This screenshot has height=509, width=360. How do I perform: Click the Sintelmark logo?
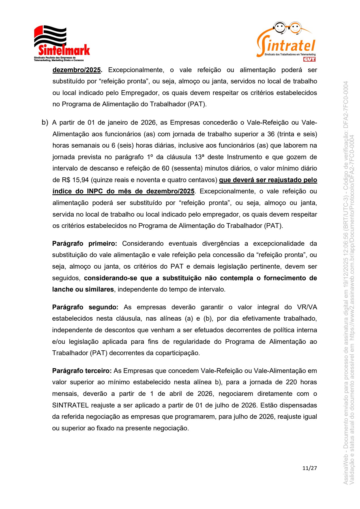coord(62,44)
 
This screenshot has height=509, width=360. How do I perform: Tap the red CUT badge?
coord(309,59)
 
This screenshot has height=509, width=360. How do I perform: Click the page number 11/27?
coord(310,468)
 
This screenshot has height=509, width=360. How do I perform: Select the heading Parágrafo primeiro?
coord(84,243)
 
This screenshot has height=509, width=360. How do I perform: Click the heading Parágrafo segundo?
coord(85,307)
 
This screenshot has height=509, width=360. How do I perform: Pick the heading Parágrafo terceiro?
coord(82,371)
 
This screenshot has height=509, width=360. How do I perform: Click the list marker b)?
coord(45,122)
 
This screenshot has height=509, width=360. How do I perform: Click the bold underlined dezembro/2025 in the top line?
coord(77,70)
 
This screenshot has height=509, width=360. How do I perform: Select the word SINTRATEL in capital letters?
coord(70,405)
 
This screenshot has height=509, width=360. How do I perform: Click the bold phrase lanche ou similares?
coord(83,289)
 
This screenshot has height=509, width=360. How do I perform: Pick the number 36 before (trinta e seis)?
coord(271,134)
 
